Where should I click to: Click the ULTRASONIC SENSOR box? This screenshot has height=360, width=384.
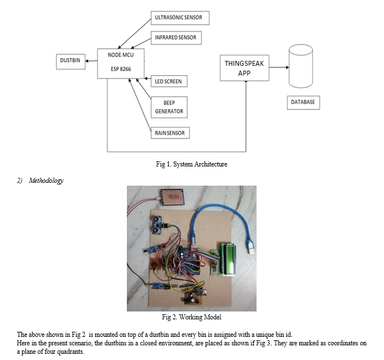click(178, 18)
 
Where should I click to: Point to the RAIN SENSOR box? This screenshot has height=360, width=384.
click(170, 133)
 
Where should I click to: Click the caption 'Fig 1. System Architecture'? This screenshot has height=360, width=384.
click(191, 165)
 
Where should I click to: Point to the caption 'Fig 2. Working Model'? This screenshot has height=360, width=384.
click(191, 317)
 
